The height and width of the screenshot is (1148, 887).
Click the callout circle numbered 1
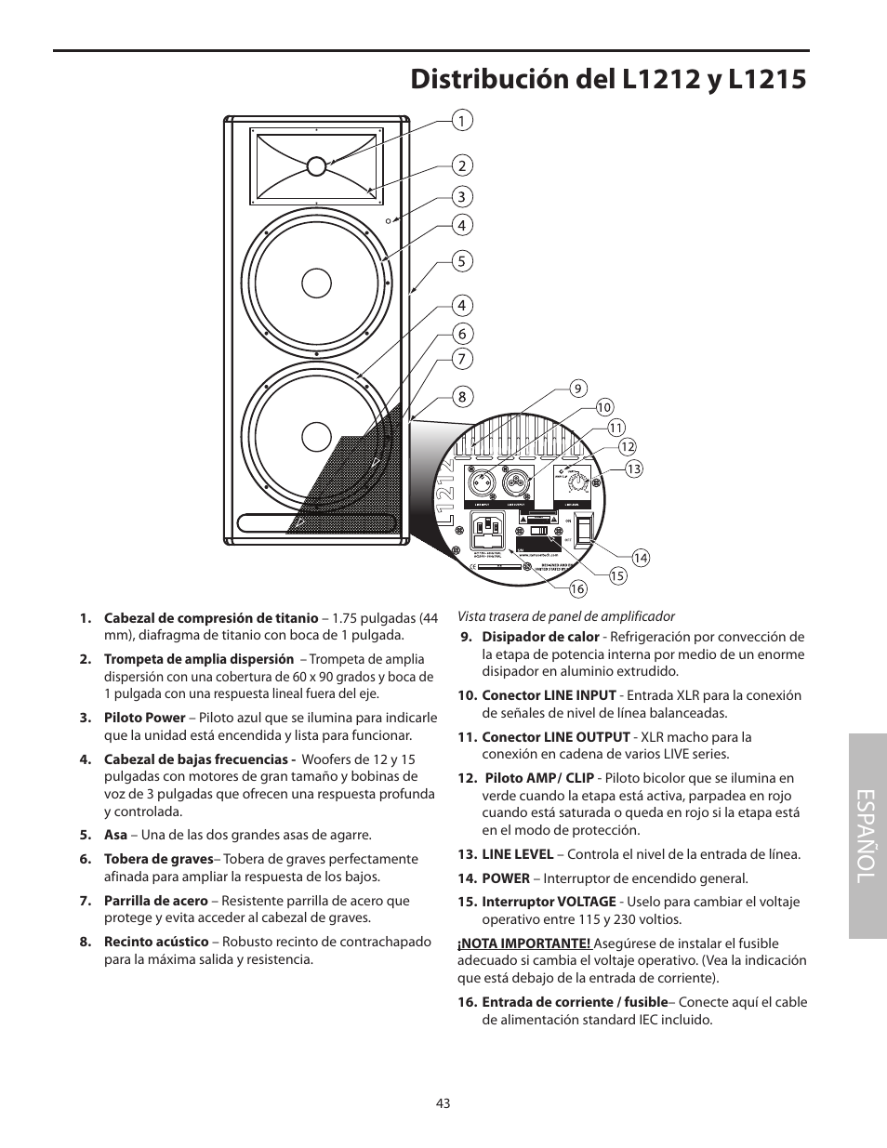[460, 120]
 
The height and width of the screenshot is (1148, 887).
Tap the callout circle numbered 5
[460, 261]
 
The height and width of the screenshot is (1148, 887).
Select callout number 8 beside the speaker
[460, 397]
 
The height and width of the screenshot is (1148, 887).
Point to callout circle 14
[641, 558]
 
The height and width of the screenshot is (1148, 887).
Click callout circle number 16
[577, 588]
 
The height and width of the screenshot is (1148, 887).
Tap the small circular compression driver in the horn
[316, 165]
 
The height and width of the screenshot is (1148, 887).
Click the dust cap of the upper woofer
[316, 283]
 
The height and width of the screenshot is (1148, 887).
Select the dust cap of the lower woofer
[316, 436]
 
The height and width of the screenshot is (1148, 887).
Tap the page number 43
[443, 1103]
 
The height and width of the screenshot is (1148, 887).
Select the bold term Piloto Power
[144, 718]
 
